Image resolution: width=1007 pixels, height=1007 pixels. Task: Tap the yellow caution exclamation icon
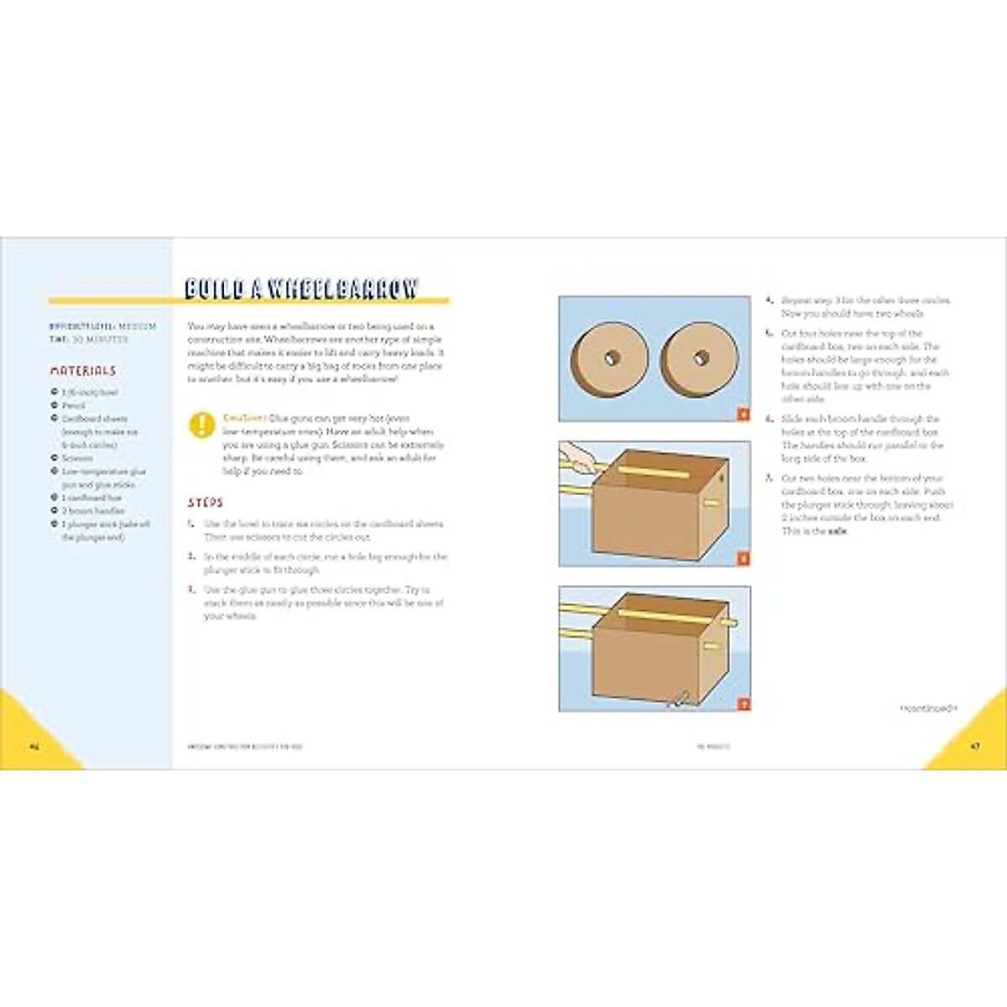[x=202, y=425]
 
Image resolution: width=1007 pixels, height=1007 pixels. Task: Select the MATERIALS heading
[x=82, y=370]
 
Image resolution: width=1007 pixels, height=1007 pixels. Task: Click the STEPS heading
[x=205, y=503]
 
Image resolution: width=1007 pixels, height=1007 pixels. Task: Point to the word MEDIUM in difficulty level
[x=137, y=326]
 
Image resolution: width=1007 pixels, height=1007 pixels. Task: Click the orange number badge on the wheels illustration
[x=743, y=414]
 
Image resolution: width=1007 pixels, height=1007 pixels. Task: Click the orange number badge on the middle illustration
[x=743, y=559]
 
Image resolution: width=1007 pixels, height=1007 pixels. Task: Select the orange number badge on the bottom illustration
[x=743, y=704]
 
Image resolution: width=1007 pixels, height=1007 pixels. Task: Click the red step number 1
[x=191, y=524]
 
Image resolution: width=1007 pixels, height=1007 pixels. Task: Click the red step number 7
[x=769, y=478]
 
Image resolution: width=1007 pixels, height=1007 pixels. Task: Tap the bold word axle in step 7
[x=837, y=531]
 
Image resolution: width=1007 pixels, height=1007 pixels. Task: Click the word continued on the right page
[x=927, y=709]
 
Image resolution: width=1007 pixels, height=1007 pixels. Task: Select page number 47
[x=974, y=746]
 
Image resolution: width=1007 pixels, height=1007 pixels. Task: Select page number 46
[x=34, y=746]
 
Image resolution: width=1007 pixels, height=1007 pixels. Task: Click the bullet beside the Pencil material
[x=55, y=405]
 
